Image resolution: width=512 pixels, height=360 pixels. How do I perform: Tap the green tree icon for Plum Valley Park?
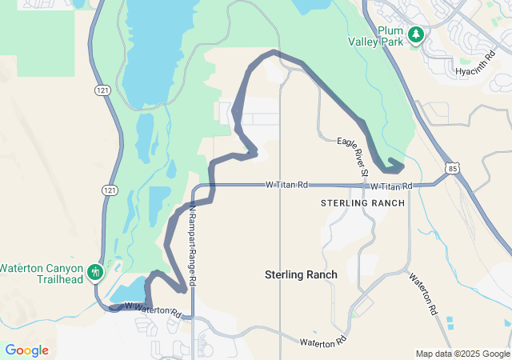tap(415, 34)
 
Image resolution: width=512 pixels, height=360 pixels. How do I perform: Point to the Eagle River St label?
tap(353, 157)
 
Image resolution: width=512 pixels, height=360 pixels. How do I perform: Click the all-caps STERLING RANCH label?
tap(362, 203)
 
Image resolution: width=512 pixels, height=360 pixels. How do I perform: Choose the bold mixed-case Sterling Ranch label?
tap(301, 274)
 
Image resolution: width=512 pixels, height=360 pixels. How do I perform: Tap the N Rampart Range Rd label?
tap(193, 245)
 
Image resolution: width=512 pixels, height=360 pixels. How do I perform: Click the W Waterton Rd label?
tap(153, 309)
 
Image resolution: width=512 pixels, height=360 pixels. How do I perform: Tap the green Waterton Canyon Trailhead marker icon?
tap(95, 273)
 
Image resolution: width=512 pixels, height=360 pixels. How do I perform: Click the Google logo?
tap(26, 350)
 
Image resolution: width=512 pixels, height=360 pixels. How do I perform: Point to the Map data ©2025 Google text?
tap(462, 354)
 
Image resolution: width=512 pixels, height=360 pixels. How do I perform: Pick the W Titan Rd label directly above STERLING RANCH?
tap(391, 186)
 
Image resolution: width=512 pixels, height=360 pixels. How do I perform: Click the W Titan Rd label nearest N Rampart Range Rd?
tap(287, 185)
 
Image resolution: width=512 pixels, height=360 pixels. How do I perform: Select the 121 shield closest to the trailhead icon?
tap(108, 190)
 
